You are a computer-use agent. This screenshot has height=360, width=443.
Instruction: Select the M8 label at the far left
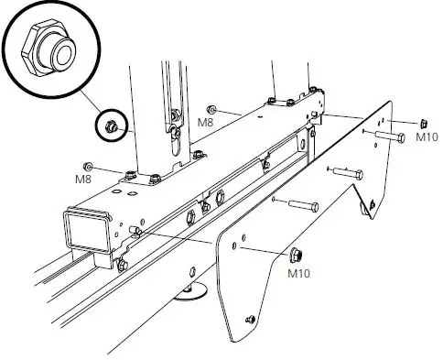(x=83, y=180)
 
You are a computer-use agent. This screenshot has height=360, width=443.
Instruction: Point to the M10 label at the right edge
(x=427, y=137)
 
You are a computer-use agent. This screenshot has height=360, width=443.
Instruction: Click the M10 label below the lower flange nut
(x=299, y=272)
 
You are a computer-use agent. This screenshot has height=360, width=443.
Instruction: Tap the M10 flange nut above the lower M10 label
(x=297, y=254)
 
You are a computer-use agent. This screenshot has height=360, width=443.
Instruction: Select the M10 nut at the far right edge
(x=423, y=123)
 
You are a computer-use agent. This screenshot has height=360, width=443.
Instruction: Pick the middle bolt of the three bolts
(x=348, y=171)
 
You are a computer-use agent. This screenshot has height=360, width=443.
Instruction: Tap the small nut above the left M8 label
(x=89, y=165)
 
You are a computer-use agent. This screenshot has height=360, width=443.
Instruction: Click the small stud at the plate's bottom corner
(x=249, y=319)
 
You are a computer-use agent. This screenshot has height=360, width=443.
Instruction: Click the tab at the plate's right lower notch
(x=369, y=211)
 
